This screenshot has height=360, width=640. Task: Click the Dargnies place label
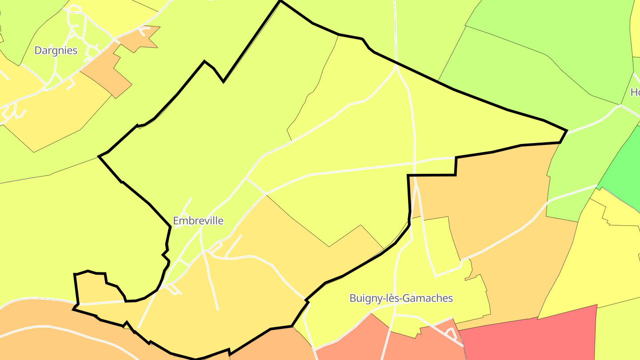(56, 51)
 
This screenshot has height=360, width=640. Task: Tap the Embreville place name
(198, 221)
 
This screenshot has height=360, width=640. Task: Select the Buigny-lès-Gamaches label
(401, 298)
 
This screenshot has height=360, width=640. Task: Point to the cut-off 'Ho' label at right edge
(635, 92)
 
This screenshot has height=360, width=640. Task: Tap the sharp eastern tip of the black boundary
(567, 131)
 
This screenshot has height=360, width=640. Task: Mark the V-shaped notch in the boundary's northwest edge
(223, 81)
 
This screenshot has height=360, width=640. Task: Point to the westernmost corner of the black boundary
(99, 156)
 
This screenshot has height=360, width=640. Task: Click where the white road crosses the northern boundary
(396, 64)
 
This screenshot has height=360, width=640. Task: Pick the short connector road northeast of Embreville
(256, 186)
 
